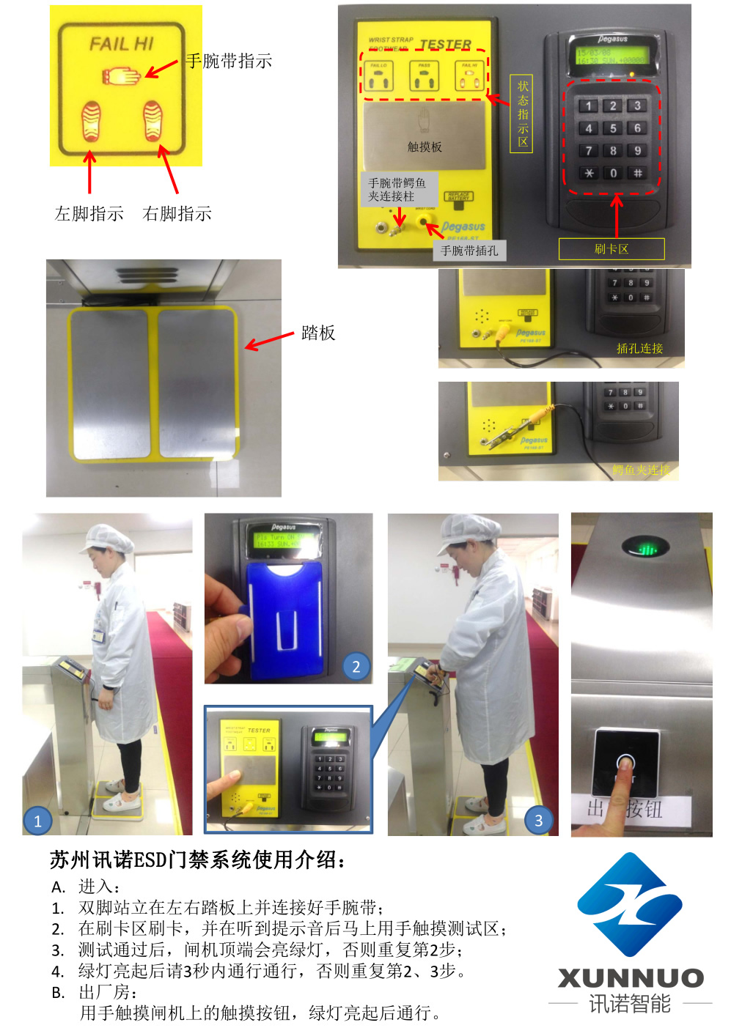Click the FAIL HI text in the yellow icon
[x=121, y=44]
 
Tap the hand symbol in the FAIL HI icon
[x=122, y=75]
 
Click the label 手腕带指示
[x=229, y=61]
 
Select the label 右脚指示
[x=177, y=213]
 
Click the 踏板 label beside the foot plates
[x=318, y=333]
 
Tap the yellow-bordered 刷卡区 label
[x=611, y=249]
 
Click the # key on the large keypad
[x=637, y=174]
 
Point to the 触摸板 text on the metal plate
[x=425, y=147]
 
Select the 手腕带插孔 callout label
[x=469, y=251]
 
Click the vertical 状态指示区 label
[x=522, y=114]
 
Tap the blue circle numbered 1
[x=37, y=821]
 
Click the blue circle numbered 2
[x=356, y=666]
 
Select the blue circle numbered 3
[x=539, y=821]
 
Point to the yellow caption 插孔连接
[x=639, y=348]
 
